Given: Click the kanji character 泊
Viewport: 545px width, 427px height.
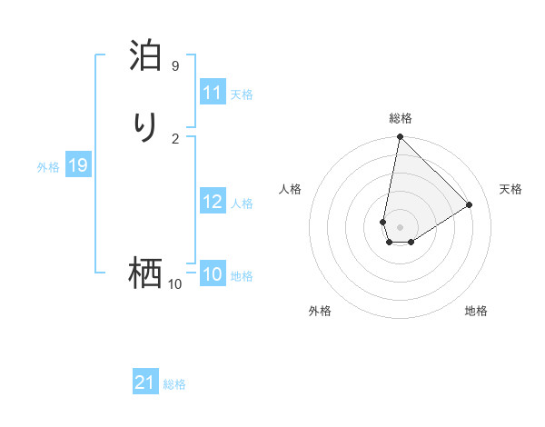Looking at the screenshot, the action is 145,56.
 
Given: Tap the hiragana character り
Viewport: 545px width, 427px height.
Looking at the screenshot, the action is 145,128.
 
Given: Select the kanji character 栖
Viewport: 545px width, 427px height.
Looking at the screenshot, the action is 145,273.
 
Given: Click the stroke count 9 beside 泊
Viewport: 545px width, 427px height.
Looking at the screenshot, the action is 174,66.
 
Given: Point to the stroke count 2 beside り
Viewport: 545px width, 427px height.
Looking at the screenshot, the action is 174,138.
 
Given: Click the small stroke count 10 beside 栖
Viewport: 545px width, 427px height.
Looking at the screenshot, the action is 174,284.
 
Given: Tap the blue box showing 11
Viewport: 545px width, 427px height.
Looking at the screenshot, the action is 213,93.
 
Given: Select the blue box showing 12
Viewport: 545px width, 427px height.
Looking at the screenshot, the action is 213,202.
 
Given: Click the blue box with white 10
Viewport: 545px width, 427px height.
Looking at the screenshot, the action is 213,274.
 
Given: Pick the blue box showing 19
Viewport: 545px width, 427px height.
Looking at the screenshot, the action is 77,165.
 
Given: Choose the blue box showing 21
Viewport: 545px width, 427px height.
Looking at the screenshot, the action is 145,383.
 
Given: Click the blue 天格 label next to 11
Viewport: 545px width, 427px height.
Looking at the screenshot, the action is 242,94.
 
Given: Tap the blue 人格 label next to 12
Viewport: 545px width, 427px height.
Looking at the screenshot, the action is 242,204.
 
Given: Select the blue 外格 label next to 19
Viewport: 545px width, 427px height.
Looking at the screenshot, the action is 48,167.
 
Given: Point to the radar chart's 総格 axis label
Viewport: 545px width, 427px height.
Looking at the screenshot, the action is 400,118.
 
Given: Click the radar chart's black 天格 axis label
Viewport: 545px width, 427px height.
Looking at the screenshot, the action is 510,189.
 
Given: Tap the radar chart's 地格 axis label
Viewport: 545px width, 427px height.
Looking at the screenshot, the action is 476,311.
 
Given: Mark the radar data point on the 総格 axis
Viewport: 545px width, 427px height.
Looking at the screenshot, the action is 400,137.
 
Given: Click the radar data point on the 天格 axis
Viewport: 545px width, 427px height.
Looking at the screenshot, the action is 470,204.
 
